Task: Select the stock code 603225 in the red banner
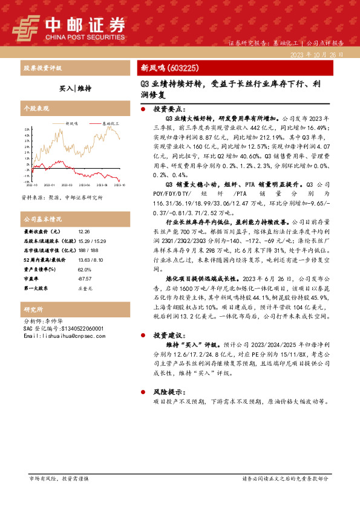pyautogui.click(x=182, y=68)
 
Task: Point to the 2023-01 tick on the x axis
pyautogui.click(x=48, y=186)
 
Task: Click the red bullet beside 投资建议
pyautogui.click(x=142, y=334)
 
